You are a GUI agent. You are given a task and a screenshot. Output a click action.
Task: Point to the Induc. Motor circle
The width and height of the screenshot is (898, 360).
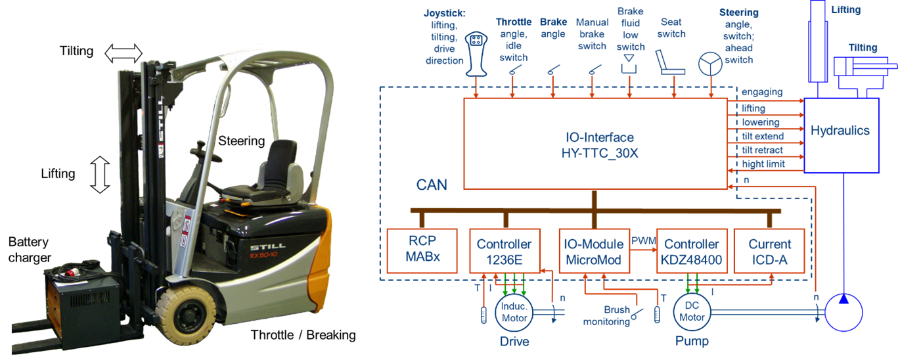click(514, 313)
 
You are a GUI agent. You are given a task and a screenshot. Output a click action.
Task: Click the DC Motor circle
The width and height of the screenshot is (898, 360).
click(692, 313)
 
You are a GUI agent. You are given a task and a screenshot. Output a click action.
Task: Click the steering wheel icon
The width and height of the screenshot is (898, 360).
click(709, 64)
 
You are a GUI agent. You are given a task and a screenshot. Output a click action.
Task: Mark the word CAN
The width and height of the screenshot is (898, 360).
click(432, 185)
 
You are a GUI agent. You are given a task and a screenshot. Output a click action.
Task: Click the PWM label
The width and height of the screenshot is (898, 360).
click(644, 240)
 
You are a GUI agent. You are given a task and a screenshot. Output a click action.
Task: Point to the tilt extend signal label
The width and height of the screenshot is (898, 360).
click(762, 137)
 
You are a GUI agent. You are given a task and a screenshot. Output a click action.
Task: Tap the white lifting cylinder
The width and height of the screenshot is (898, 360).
click(817, 39)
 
